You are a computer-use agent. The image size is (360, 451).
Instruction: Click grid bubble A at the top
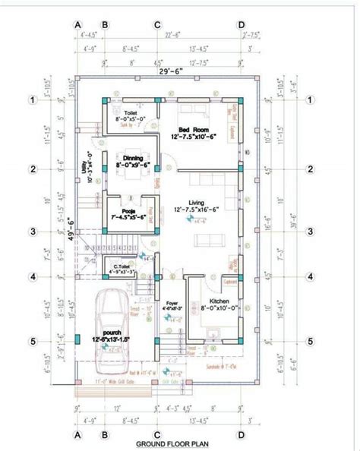pos(77,25)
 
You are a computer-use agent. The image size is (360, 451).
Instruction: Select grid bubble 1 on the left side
pos(33,99)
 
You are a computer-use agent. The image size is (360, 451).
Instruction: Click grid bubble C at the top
pos(157,25)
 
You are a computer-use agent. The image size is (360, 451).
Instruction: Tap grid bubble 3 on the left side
pos(33,232)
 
